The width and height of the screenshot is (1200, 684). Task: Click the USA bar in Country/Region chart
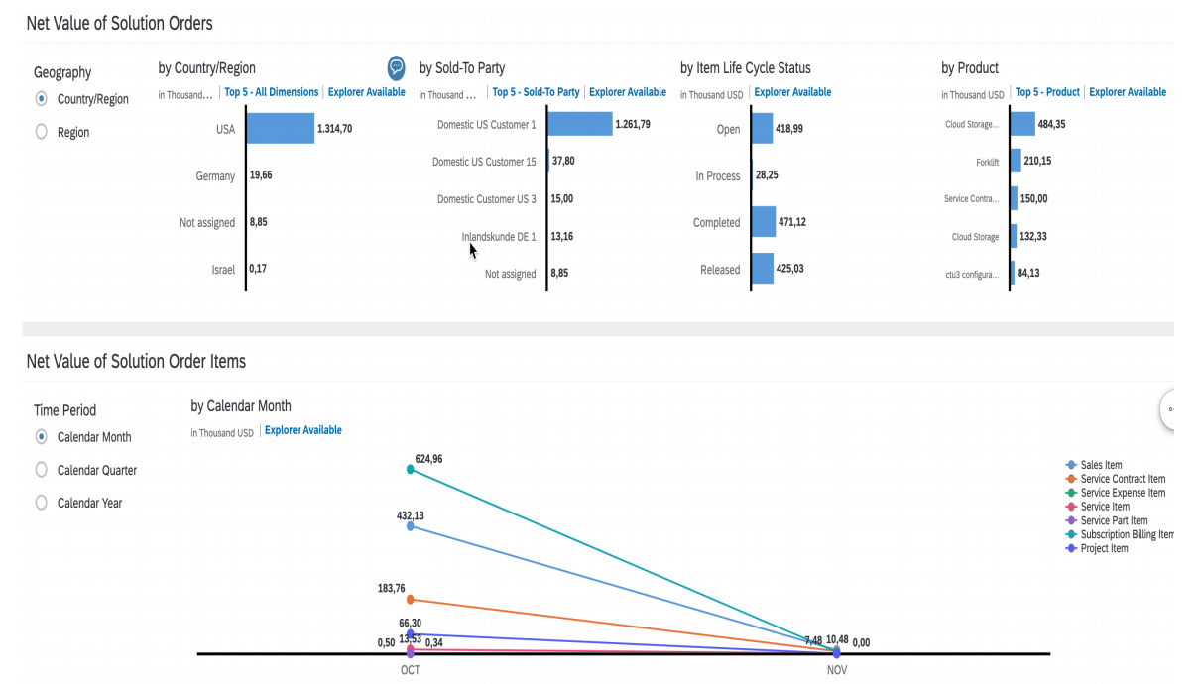pos(280,129)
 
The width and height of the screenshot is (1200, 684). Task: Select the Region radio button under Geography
pos(42,132)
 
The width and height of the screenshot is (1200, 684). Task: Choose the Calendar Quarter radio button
pos(42,470)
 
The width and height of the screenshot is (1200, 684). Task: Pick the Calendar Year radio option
pos(42,503)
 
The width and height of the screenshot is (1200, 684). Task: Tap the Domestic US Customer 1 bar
pos(579,124)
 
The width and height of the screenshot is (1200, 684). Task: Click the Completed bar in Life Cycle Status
pos(764,222)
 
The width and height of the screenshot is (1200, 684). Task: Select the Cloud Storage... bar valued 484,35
pos(1022,124)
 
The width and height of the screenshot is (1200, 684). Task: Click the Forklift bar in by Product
pos(1016,161)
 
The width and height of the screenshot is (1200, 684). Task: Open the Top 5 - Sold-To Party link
pos(536,92)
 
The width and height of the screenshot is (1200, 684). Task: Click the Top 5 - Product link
pos(1047,92)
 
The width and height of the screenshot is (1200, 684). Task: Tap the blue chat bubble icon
pos(396,67)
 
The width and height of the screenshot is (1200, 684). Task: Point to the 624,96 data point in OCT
pos(411,469)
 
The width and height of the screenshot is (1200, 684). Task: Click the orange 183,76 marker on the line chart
pos(411,599)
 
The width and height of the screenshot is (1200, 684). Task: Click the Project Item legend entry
pos(1104,548)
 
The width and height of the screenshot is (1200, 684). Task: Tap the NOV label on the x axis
pos(837,670)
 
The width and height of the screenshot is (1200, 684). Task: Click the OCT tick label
pos(411,670)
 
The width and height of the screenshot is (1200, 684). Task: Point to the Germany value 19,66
pos(260,175)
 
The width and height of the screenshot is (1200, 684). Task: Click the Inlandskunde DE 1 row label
pos(498,237)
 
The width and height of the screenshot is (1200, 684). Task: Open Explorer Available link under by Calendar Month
pos(303,430)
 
